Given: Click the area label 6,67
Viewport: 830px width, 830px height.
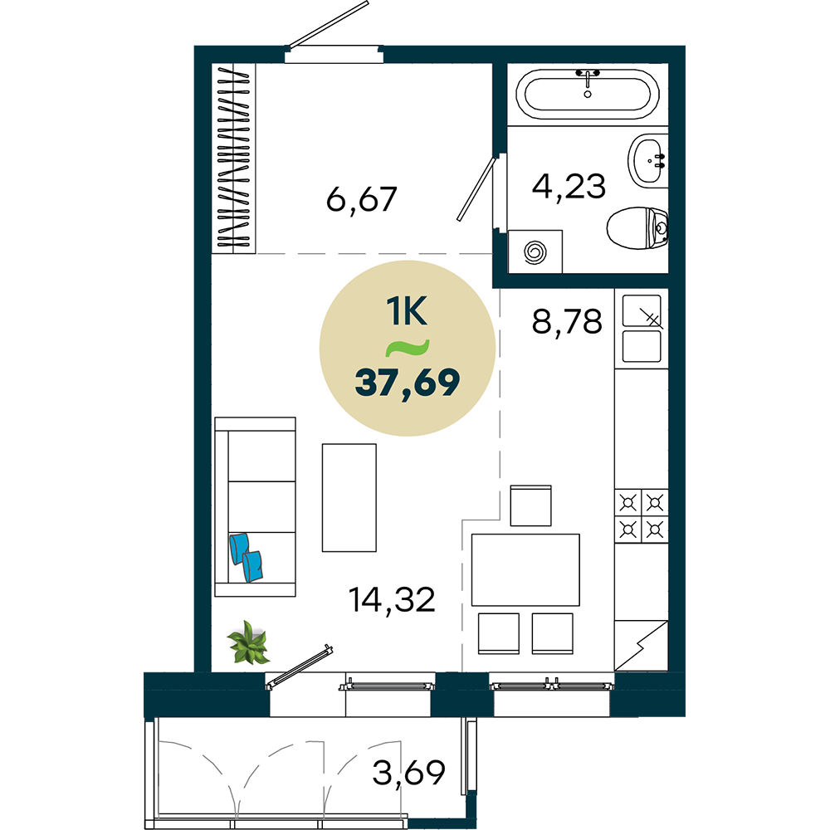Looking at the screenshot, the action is coord(362,199).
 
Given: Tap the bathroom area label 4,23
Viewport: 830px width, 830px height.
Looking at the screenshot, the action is coord(569,186).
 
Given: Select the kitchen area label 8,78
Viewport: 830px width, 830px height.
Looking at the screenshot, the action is coord(567,321).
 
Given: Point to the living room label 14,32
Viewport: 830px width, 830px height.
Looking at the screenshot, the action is coord(392,600).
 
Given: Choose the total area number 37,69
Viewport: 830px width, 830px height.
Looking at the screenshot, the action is coord(407,383).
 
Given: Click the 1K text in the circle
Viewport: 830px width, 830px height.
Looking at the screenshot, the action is coord(407,311).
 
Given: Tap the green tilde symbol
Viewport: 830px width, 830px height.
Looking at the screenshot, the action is coord(407,347).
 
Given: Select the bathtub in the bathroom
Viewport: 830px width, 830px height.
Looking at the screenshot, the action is coord(588,95).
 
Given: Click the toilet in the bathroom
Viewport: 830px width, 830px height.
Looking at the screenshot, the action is coord(637,228).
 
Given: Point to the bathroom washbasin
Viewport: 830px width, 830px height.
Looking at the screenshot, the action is coord(648,160).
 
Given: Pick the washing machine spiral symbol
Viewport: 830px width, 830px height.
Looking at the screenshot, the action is coord(535,252).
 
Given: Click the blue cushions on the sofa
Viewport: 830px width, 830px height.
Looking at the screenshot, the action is coord(247,558).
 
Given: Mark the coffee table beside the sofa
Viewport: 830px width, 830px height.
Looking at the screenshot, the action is coord(349,497).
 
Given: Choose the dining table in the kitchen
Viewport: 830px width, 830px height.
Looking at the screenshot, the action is coord(525,569).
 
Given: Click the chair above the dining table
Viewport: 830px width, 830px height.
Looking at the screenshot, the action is coord(531,505).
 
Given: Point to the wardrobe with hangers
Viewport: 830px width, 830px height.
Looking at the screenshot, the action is coord(233,159).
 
